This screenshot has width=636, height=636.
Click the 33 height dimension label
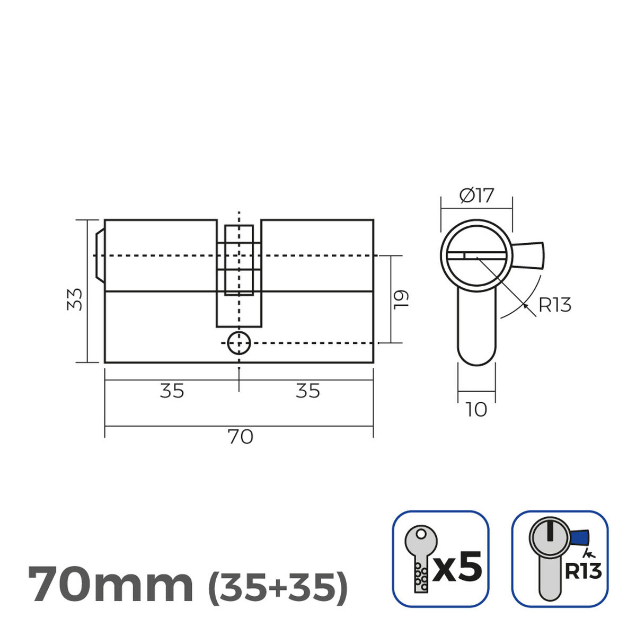pos(77,299)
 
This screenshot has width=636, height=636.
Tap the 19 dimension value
pos(401,299)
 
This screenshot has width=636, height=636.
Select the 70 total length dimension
pos(240,437)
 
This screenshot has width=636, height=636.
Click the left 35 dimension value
pos(172,391)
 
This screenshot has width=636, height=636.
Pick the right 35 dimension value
pos(307,391)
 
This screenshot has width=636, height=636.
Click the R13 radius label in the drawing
pos(554,305)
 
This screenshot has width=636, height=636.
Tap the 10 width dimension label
pos(476,410)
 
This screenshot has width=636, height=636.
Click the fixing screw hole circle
pos(238,343)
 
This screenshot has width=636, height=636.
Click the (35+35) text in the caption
pos(278,585)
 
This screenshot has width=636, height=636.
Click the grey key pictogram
pos(421,556)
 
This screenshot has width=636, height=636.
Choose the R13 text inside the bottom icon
pos(583,571)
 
